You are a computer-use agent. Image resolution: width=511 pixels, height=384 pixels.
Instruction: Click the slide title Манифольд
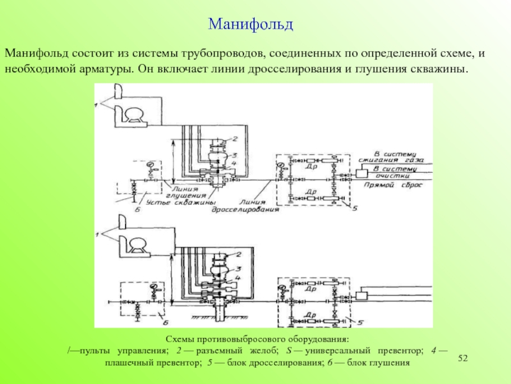click(250, 25)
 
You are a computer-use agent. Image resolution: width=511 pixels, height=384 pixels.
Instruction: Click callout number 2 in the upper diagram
click(235, 138)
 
